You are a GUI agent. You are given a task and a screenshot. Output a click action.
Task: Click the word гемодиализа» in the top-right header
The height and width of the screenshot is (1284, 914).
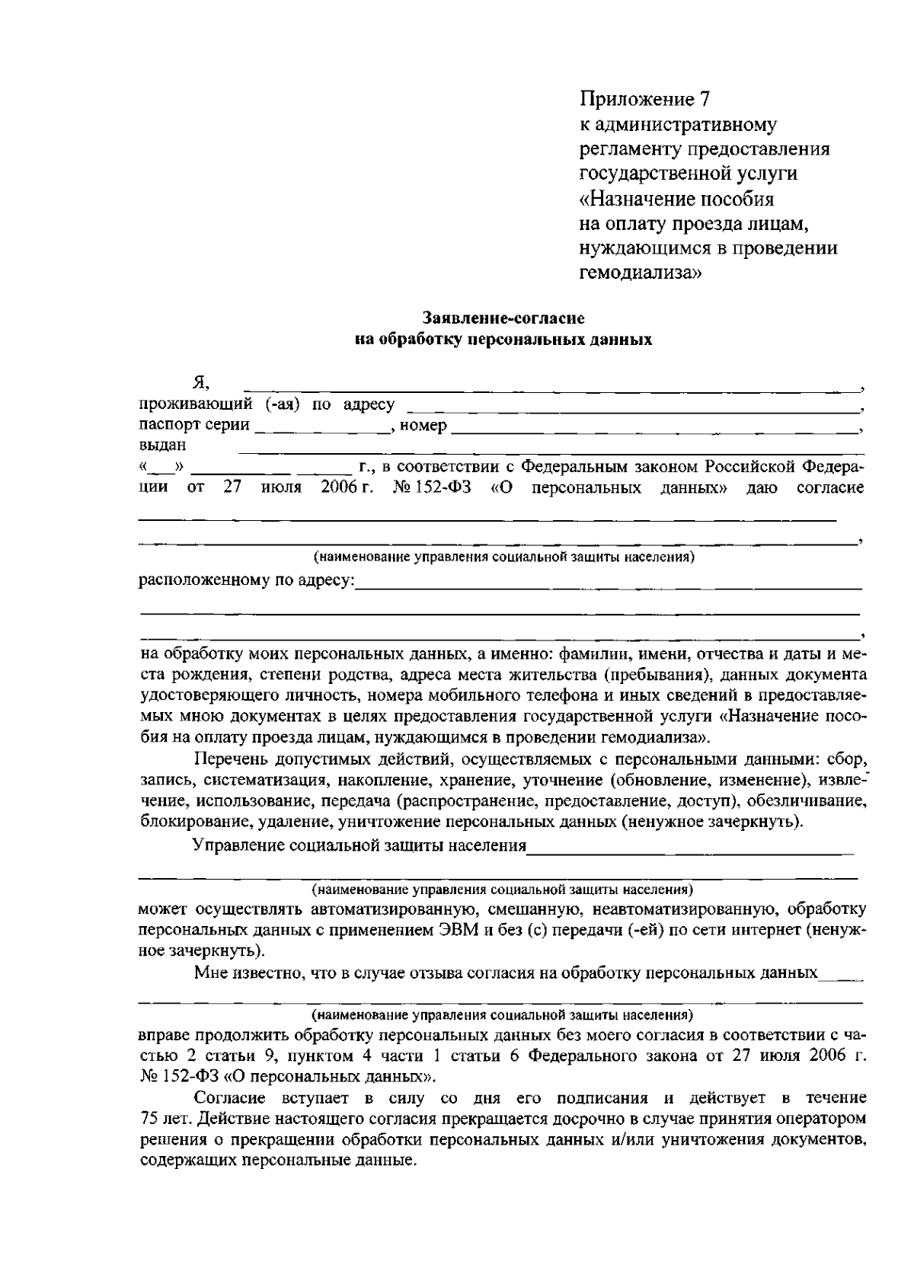tap(640, 273)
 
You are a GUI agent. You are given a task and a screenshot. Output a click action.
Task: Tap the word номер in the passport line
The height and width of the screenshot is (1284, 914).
tap(423, 426)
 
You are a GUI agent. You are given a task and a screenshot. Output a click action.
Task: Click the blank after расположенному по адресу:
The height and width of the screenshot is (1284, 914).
tap(609, 585)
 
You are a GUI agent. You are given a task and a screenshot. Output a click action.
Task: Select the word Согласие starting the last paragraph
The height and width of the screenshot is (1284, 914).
tap(229, 1097)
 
